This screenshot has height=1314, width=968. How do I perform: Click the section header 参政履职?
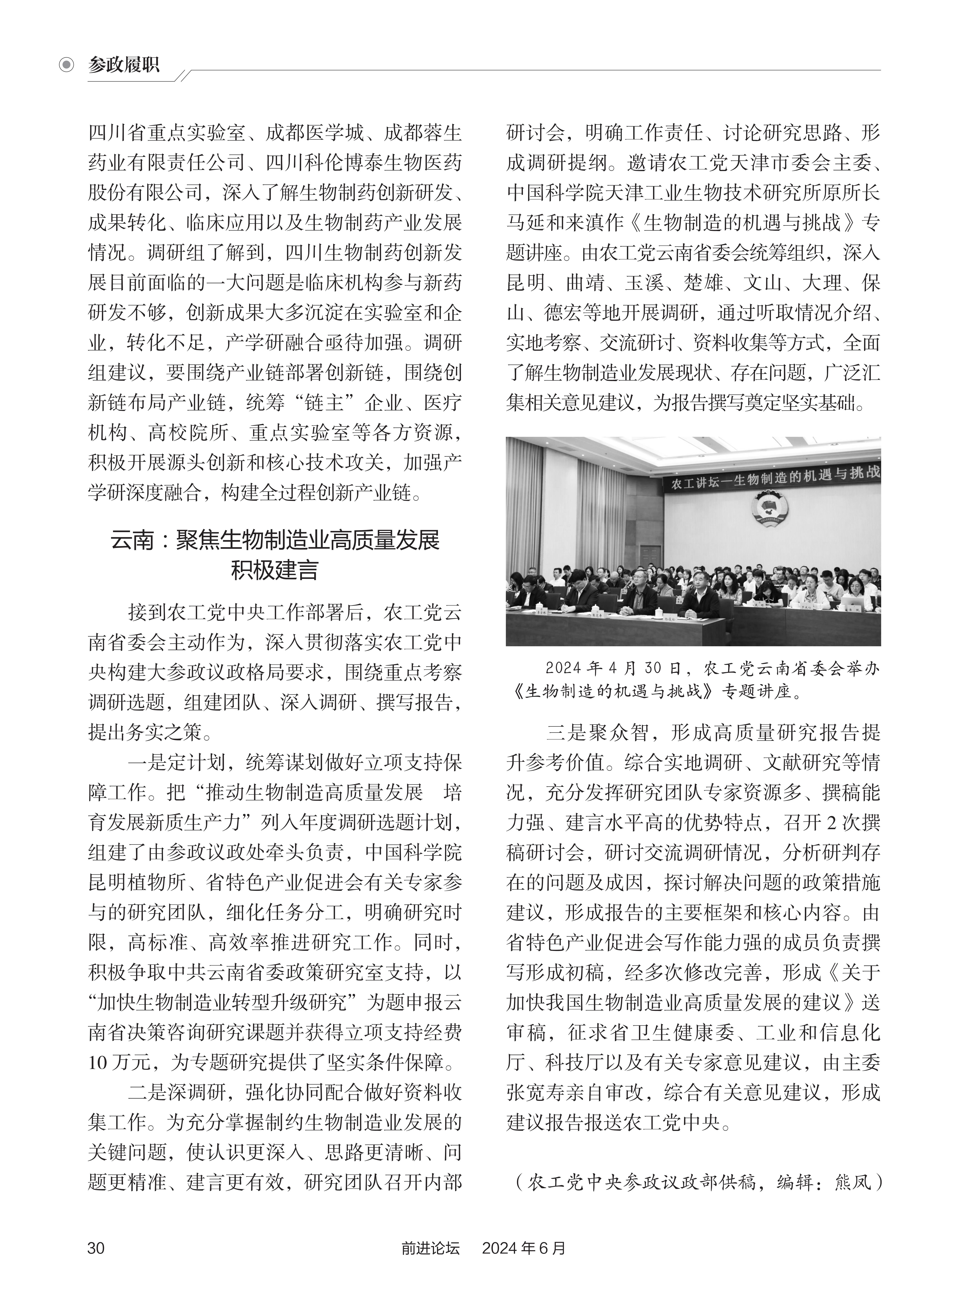[x=124, y=64]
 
